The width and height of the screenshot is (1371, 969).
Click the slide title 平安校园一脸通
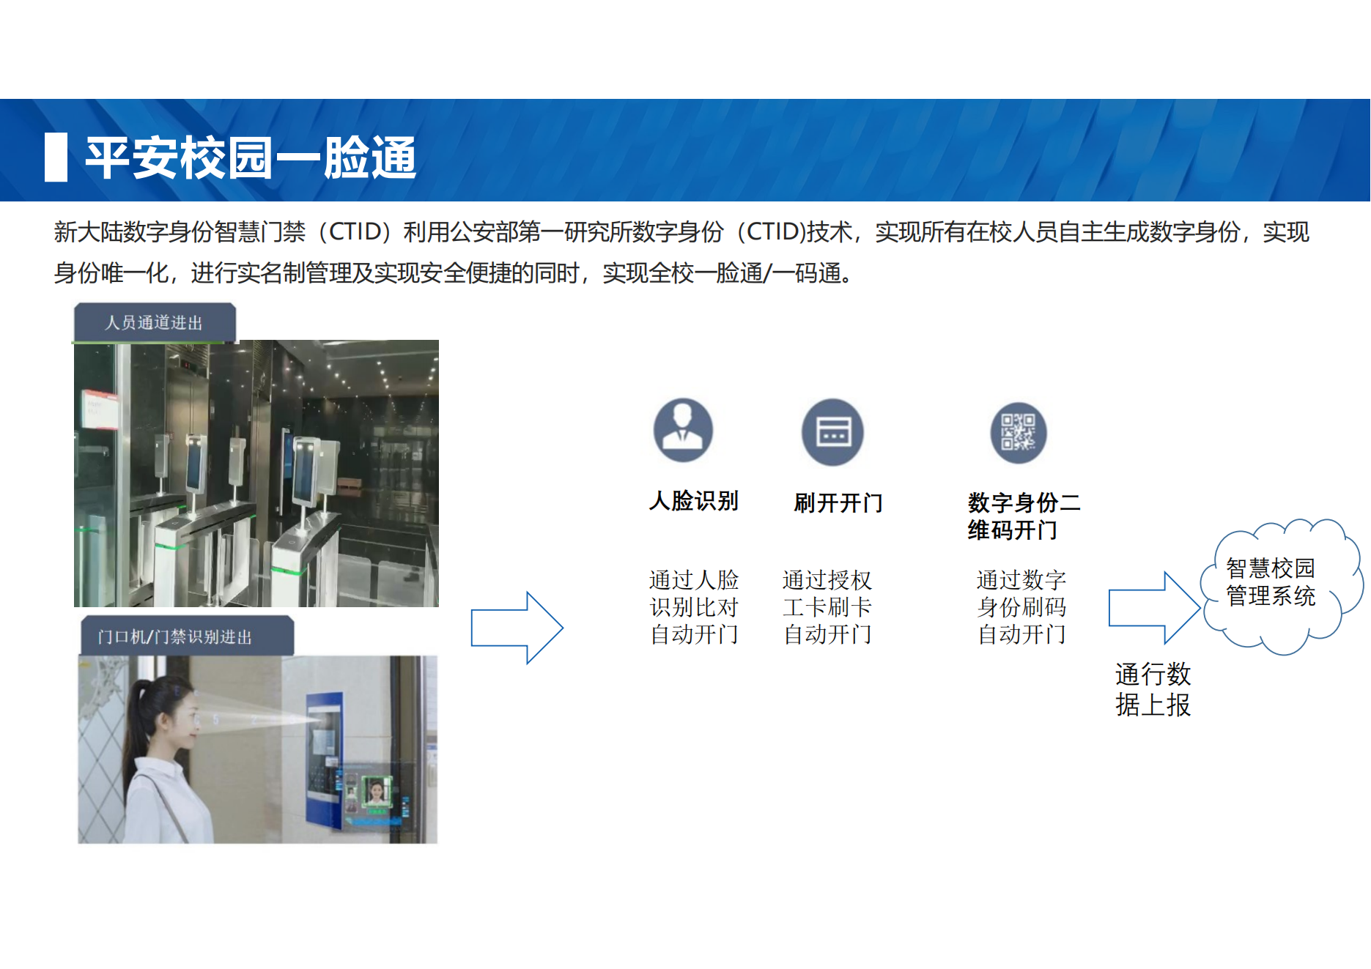[x=251, y=157]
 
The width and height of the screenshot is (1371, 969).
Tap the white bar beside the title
[x=56, y=157]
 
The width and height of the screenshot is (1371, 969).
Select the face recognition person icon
[x=683, y=430]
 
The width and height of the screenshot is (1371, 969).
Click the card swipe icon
[x=832, y=432]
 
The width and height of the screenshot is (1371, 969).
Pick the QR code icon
[x=1019, y=432]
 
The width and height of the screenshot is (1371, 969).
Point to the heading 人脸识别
[x=694, y=501]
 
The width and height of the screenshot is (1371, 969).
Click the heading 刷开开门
[x=838, y=503]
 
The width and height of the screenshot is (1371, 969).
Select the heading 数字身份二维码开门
[x=1024, y=516]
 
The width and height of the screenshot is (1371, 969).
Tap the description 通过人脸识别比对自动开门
[x=694, y=607]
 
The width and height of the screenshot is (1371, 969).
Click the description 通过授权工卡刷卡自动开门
[x=827, y=607]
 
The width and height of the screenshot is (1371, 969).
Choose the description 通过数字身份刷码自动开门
[x=1021, y=607]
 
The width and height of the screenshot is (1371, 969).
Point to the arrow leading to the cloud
[x=1154, y=608]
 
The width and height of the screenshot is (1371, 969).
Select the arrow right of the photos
[x=517, y=628]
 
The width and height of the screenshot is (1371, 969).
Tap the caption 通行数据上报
[x=1153, y=689]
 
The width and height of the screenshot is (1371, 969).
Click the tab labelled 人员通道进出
[x=155, y=322]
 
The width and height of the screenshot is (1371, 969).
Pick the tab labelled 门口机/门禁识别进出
[x=187, y=636]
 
